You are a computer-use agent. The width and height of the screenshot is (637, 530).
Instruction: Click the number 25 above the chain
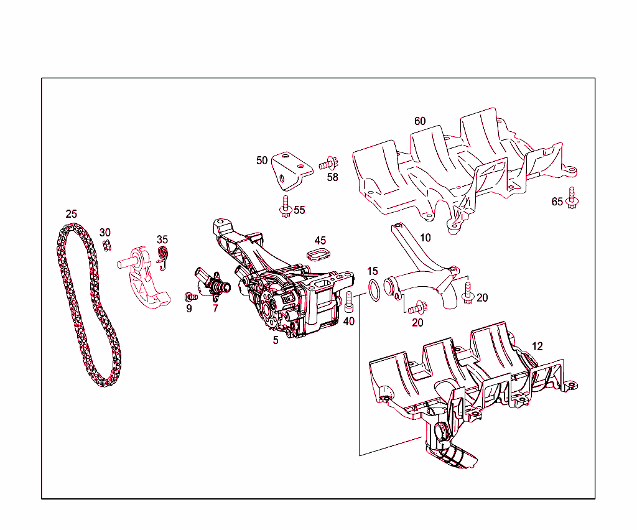(x=72, y=214)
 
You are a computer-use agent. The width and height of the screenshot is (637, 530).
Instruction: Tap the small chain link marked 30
(x=106, y=246)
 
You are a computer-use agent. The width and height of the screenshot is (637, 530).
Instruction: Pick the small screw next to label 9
(x=190, y=296)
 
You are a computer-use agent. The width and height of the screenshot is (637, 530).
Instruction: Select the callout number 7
(x=215, y=308)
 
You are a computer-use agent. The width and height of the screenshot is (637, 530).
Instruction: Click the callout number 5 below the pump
(x=275, y=340)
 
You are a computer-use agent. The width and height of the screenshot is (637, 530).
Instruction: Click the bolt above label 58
(x=328, y=165)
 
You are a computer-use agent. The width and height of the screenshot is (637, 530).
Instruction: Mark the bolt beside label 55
(x=286, y=206)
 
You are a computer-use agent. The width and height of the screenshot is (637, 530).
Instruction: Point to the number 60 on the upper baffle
(x=420, y=121)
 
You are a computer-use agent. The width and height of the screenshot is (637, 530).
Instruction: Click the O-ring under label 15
(x=374, y=290)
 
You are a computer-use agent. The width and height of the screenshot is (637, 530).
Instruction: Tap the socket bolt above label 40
(x=350, y=301)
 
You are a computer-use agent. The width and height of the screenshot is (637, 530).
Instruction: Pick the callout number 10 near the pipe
(x=425, y=238)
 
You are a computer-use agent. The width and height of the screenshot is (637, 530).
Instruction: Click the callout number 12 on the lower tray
(x=537, y=346)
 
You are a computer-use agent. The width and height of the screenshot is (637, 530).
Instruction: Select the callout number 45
(x=320, y=240)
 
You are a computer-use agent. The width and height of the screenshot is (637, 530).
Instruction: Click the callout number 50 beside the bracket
(x=262, y=160)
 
